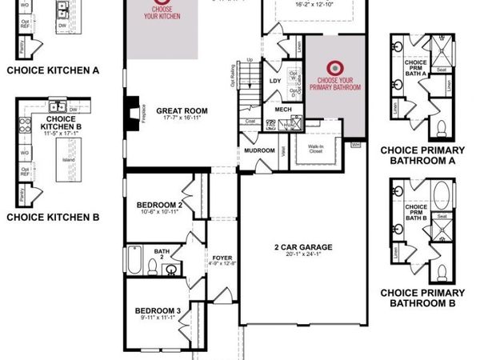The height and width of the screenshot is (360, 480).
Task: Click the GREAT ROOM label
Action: [182, 111]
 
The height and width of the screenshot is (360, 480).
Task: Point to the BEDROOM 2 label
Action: [159, 205]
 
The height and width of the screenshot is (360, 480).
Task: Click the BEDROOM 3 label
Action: [157, 310]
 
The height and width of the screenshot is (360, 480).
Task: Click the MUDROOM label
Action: [259, 150]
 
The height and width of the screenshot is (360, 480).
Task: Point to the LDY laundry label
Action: [276, 81]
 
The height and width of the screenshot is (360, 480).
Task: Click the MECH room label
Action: [282, 110]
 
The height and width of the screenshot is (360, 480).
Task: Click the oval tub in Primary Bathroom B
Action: [439, 196]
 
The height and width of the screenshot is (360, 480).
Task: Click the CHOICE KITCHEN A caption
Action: [53, 70]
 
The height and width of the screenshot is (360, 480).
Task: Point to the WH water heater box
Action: [356, 145]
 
